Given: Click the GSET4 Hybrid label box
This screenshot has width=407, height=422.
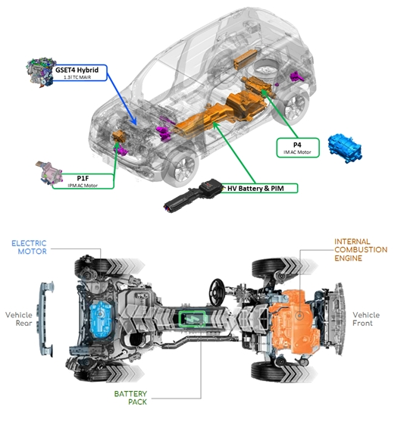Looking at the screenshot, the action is point(80,73).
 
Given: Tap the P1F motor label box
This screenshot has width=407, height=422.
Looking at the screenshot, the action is point(83,181).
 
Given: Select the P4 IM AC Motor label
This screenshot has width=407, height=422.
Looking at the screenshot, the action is point(298,148).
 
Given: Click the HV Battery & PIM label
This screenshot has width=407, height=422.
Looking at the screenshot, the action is point(258,188).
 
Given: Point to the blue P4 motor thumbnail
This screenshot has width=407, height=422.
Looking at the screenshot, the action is point(345,148).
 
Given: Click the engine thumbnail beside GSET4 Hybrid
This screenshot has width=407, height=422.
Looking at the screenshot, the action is point(40,72).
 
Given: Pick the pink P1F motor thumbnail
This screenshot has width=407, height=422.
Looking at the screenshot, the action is point(49,173).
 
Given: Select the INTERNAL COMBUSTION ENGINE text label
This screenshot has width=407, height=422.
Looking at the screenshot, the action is point(361,250).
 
